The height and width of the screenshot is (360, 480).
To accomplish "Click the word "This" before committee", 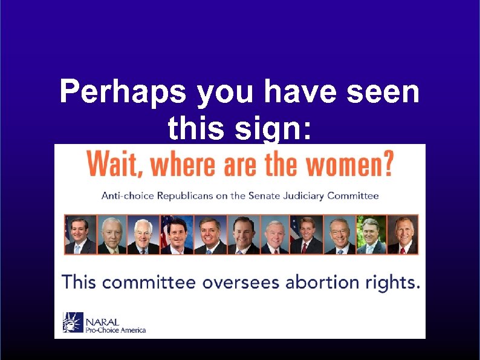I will click(80, 283).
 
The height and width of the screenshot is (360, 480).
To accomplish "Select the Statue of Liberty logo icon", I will click(73, 322).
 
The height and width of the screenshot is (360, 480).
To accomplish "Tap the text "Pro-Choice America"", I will click(115, 330).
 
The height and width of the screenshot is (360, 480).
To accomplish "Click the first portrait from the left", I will click(80, 235).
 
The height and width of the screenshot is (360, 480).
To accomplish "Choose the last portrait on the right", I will click(402, 235).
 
